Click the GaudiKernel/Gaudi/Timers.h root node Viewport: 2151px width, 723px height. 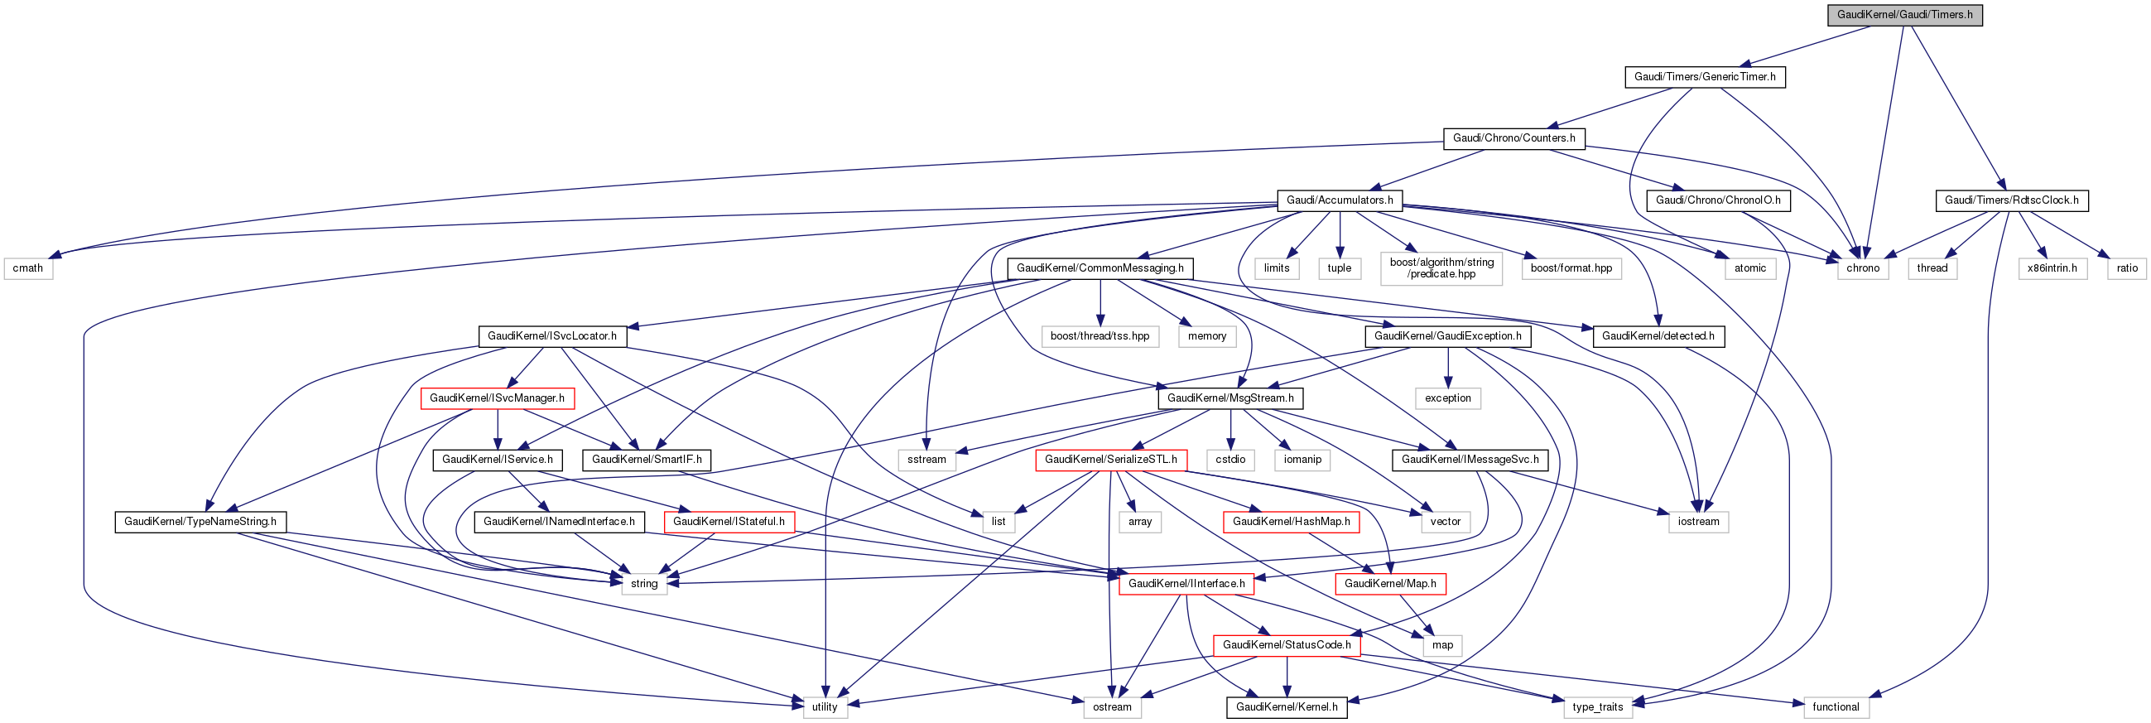1903,15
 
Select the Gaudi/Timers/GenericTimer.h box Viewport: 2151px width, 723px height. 1704,77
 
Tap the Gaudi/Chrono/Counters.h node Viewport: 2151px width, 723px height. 1513,138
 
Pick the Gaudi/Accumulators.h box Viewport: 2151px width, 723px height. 1340,200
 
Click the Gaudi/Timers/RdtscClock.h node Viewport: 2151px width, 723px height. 2011,200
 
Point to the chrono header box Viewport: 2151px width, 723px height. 1862,268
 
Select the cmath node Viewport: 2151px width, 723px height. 27,268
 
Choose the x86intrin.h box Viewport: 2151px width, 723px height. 2052,268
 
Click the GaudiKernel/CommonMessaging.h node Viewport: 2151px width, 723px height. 1100,268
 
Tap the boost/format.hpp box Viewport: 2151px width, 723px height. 1571,268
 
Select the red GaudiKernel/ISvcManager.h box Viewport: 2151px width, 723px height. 497,398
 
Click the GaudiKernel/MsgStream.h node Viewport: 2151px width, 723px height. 1230,398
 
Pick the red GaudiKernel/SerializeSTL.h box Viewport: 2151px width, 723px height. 1110,460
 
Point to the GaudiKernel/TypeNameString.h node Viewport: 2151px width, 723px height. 200,522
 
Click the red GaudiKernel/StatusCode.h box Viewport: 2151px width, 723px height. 1286,645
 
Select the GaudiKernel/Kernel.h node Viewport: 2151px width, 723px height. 1286,707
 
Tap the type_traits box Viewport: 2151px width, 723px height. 1597,707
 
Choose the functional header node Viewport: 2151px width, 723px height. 1836,707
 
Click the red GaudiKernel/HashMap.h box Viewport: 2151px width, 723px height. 1291,522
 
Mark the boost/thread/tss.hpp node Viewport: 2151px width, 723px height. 1100,336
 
